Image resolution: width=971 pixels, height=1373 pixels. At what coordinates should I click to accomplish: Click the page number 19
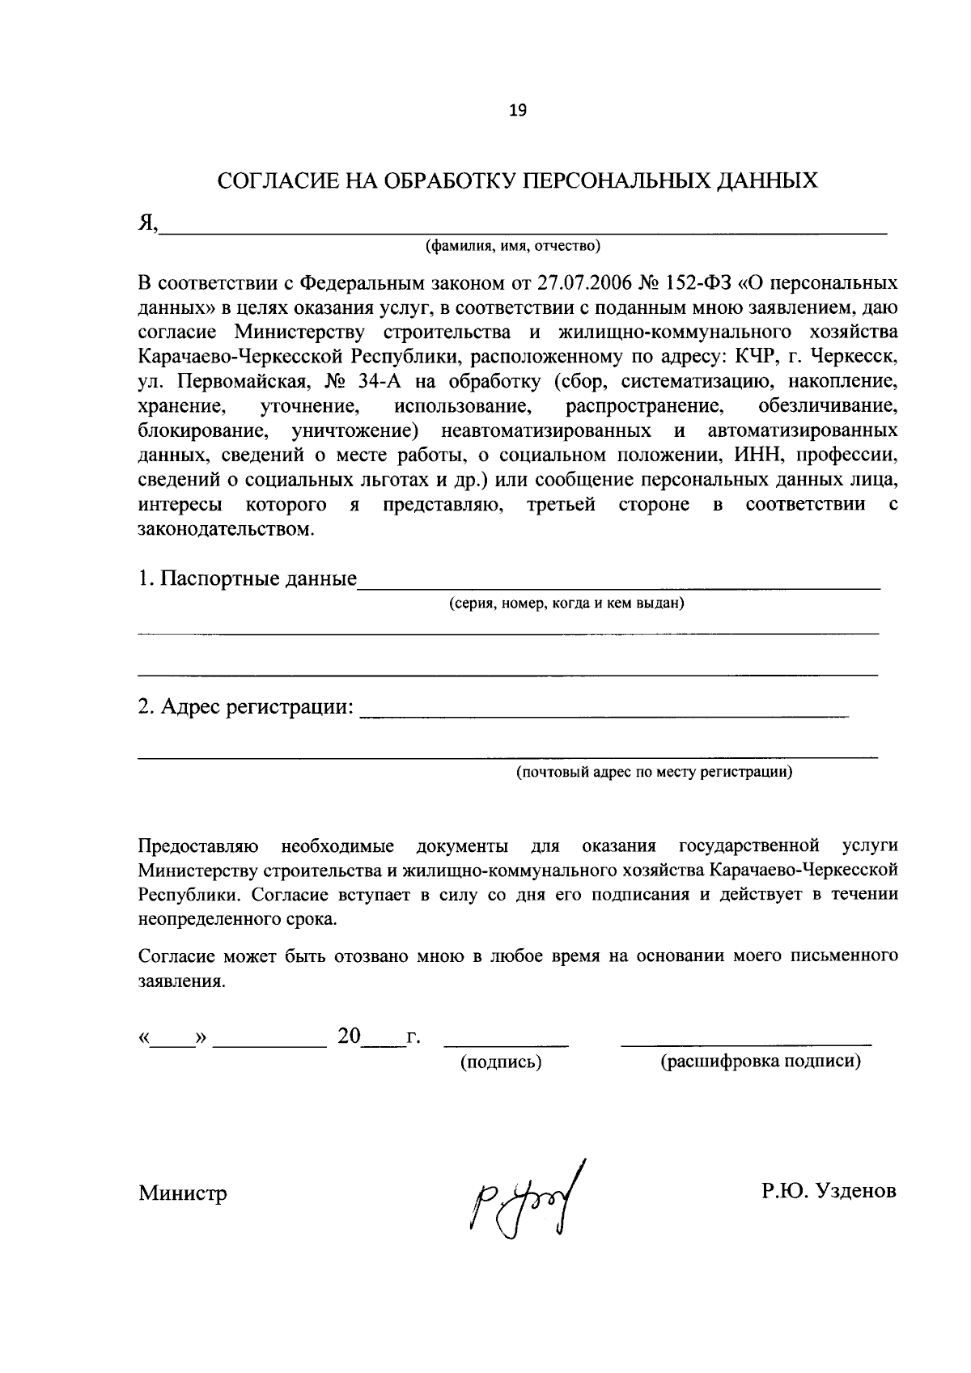(x=518, y=112)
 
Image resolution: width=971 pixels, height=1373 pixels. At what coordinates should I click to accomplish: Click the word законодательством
(x=224, y=530)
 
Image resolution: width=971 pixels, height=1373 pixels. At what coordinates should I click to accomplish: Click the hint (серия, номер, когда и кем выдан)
(x=567, y=603)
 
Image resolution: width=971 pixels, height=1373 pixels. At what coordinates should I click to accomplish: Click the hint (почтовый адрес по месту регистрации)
(x=655, y=772)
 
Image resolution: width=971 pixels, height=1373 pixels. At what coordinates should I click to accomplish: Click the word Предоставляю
(x=198, y=846)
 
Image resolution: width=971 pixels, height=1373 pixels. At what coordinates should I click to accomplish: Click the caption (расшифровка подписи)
(x=761, y=1062)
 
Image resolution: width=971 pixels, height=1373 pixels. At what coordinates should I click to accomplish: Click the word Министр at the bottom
(x=182, y=1193)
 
